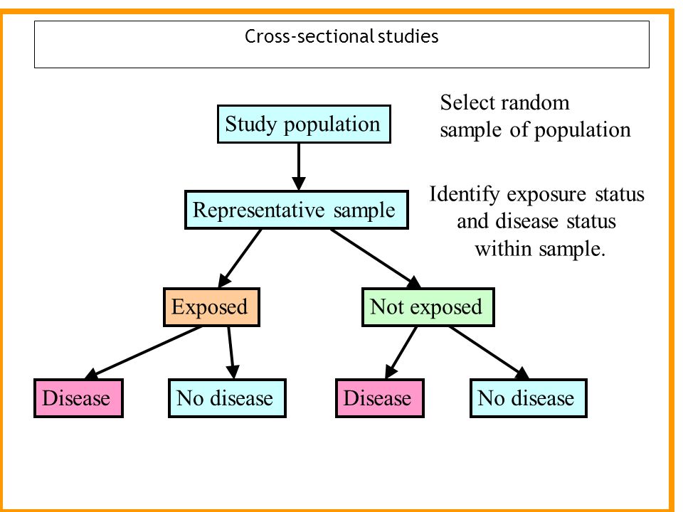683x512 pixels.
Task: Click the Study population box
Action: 304,124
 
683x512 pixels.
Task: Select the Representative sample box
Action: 297,210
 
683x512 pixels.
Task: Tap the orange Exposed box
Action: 212,307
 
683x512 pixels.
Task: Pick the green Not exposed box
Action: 428,307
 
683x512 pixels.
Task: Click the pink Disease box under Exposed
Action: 78,398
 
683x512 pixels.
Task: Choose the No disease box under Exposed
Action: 228,398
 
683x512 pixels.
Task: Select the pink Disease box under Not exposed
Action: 380,398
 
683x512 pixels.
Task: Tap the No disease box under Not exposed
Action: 529,398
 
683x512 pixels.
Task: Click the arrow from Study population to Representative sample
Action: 299,166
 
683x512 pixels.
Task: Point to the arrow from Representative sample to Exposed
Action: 239,258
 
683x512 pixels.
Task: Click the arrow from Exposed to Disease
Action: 143,353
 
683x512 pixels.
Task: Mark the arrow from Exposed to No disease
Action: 231,353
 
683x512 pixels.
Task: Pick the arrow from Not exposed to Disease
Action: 401,353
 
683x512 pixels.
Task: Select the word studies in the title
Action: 408,36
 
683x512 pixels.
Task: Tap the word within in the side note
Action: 503,250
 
